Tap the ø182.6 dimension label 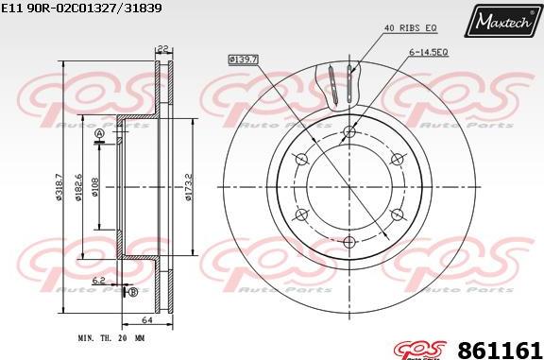tap(79, 186)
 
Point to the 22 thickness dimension tap(161, 49)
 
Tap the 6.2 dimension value tap(99, 281)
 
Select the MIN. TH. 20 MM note tap(111, 336)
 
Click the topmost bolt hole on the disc tap(348, 131)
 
